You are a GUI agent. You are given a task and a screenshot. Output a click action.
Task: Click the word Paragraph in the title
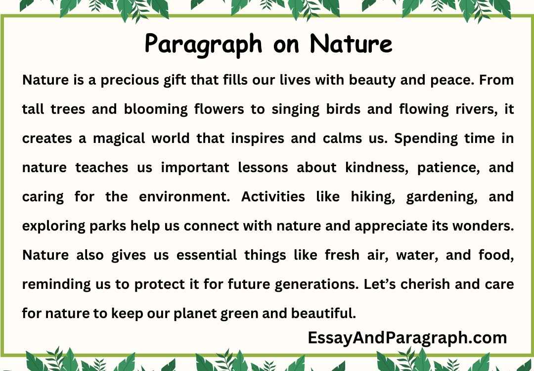204,44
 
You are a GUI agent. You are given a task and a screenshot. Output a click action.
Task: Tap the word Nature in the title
351,44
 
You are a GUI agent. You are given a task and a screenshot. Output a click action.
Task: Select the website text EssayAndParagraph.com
407,338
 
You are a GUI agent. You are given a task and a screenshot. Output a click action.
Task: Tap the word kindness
360,168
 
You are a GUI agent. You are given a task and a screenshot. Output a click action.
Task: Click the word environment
183,197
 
